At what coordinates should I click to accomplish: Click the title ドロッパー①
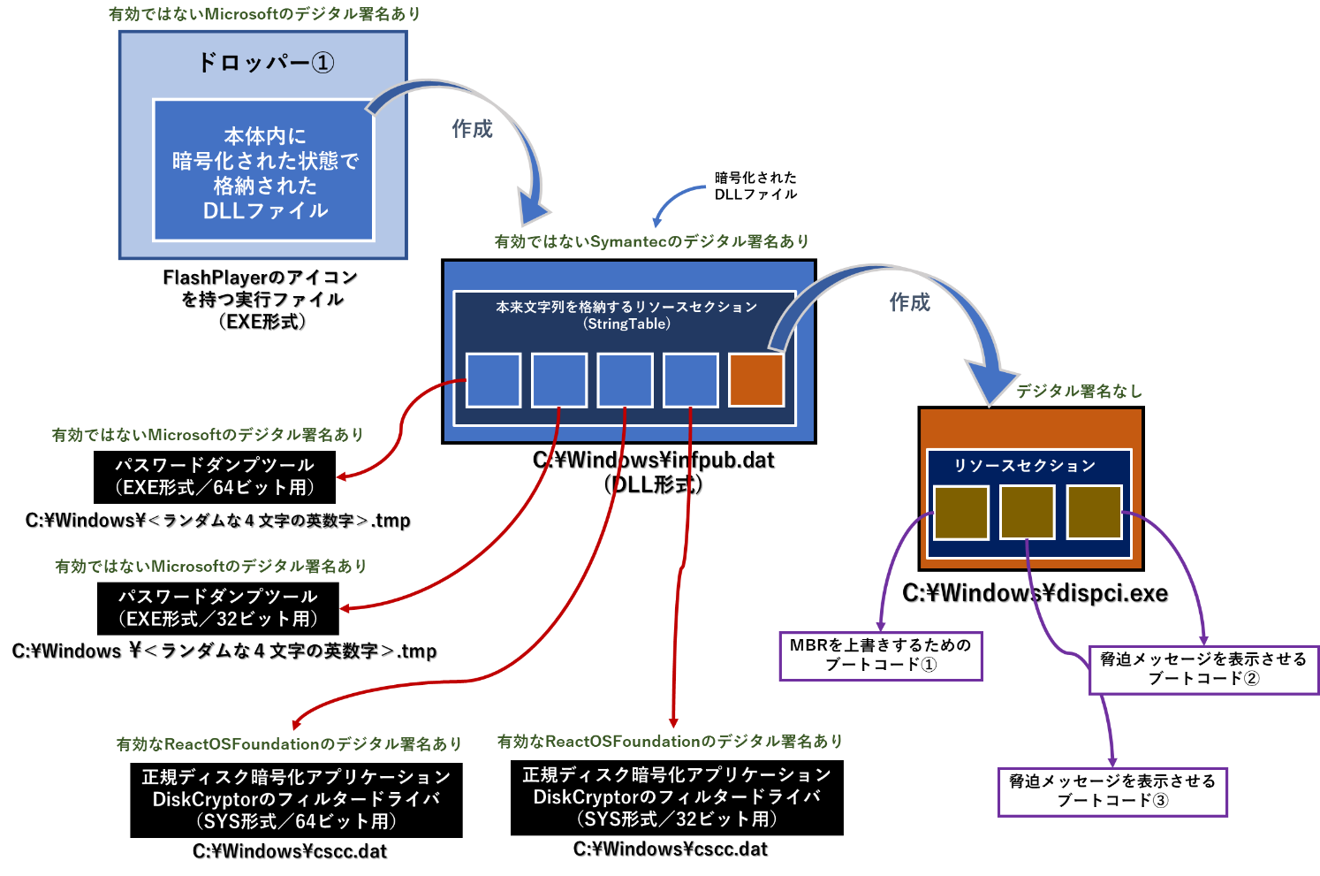point(264,63)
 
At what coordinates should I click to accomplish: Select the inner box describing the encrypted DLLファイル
point(263,171)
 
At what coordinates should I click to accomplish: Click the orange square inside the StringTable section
point(756,380)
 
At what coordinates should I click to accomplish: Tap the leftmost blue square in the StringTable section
point(493,380)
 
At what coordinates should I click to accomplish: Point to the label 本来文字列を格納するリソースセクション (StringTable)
point(626,315)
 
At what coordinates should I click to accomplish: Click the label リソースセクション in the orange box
point(1024,465)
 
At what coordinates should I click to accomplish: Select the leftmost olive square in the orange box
point(961,513)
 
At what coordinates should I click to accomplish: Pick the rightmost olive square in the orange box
point(1094,513)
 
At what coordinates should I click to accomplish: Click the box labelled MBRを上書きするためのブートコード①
point(880,656)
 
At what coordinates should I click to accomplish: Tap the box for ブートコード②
point(1202,669)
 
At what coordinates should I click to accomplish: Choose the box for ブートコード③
point(1112,791)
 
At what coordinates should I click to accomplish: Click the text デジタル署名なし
point(1079,391)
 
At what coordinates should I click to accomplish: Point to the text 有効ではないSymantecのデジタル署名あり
point(651,241)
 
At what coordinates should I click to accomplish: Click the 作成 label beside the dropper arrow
point(472,129)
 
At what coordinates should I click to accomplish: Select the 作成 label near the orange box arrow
point(909,302)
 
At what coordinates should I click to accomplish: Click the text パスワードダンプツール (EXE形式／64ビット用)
point(215,476)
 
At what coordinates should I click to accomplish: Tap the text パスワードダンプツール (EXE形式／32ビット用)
point(217,608)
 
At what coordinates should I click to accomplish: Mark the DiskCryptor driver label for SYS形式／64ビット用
point(296,799)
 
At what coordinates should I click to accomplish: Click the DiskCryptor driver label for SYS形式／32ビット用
point(677,797)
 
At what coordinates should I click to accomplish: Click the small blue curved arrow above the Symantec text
point(676,203)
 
